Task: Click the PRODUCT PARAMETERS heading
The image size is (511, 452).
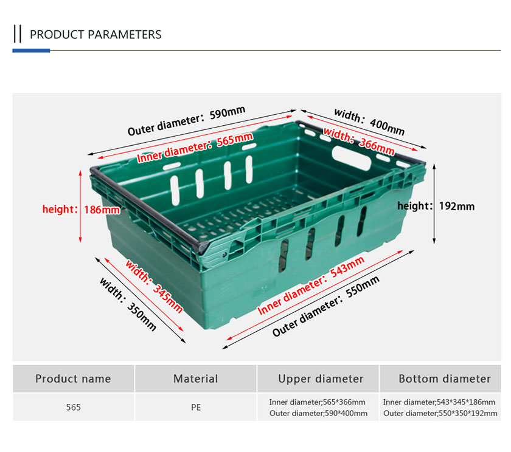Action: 96,35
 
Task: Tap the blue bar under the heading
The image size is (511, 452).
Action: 31,50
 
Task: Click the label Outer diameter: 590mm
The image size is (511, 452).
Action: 186,121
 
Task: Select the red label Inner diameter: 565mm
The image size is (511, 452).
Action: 195,148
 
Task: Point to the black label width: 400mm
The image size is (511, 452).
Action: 370,122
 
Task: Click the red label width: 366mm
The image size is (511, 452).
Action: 359,142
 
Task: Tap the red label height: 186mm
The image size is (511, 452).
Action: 81,209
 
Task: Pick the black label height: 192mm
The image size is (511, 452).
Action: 436,206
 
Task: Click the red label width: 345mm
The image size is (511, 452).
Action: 154,286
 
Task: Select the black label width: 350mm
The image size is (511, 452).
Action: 128,304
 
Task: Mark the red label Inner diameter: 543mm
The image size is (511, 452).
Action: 311,286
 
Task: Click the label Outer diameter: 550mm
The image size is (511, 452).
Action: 325,306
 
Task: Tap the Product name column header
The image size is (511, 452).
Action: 74,378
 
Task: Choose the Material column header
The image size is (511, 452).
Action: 195,378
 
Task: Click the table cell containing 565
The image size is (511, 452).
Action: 74,408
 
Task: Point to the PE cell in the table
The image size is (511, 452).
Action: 196,408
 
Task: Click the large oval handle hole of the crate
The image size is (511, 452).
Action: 352,158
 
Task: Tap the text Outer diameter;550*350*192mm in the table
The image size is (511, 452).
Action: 440,413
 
